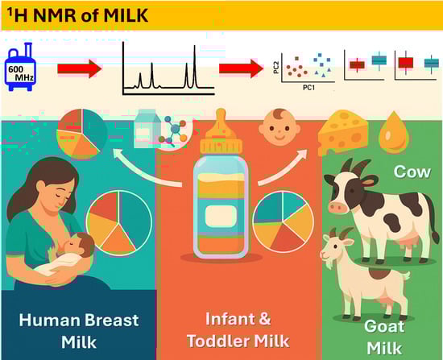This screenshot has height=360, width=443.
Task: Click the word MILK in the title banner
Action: click(x=126, y=15)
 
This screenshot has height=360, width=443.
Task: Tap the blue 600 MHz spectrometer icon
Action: click(x=20, y=68)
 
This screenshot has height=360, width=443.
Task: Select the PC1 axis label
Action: click(x=308, y=88)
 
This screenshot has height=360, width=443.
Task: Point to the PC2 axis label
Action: click(x=276, y=68)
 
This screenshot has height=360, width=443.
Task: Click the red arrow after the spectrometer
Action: click(x=80, y=68)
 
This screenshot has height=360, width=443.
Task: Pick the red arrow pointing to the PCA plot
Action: click(x=241, y=68)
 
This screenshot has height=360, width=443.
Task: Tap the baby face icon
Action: click(x=279, y=127)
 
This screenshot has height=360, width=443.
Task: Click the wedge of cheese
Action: click(x=343, y=133)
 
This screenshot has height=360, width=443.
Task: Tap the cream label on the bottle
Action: click(x=221, y=216)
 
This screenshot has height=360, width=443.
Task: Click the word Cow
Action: click(x=412, y=172)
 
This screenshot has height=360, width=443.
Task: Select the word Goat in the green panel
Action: click(x=384, y=326)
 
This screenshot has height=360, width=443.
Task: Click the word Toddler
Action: click(x=216, y=341)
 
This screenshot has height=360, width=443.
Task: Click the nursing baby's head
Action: click(x=80, y=245)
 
